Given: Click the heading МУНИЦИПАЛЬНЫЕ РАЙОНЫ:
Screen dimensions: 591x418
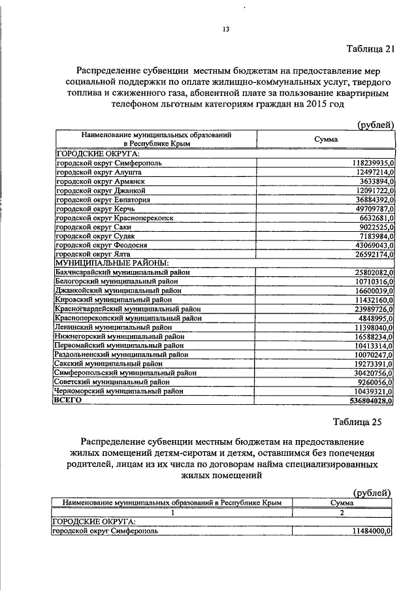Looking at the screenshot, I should pos(112,263).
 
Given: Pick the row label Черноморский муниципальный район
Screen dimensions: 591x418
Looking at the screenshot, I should pos(119,391).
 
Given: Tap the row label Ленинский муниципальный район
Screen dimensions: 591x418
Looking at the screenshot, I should pos(114,327).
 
